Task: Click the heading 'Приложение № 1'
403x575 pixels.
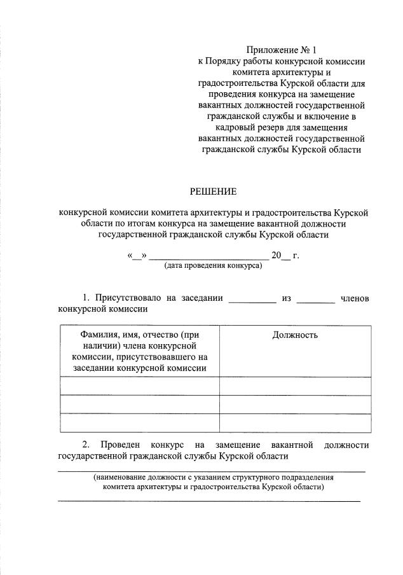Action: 280,49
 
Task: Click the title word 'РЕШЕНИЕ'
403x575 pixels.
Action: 214,191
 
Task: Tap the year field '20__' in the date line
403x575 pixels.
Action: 280,256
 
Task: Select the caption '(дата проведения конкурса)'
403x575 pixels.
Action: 213,266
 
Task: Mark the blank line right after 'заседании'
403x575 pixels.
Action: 252,300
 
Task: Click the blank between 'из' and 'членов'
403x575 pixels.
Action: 315,300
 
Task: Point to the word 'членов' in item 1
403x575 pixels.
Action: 355,298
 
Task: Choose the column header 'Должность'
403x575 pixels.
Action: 295,335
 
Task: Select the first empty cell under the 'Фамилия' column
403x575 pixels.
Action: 139,385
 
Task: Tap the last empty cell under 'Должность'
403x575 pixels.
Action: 295,422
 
